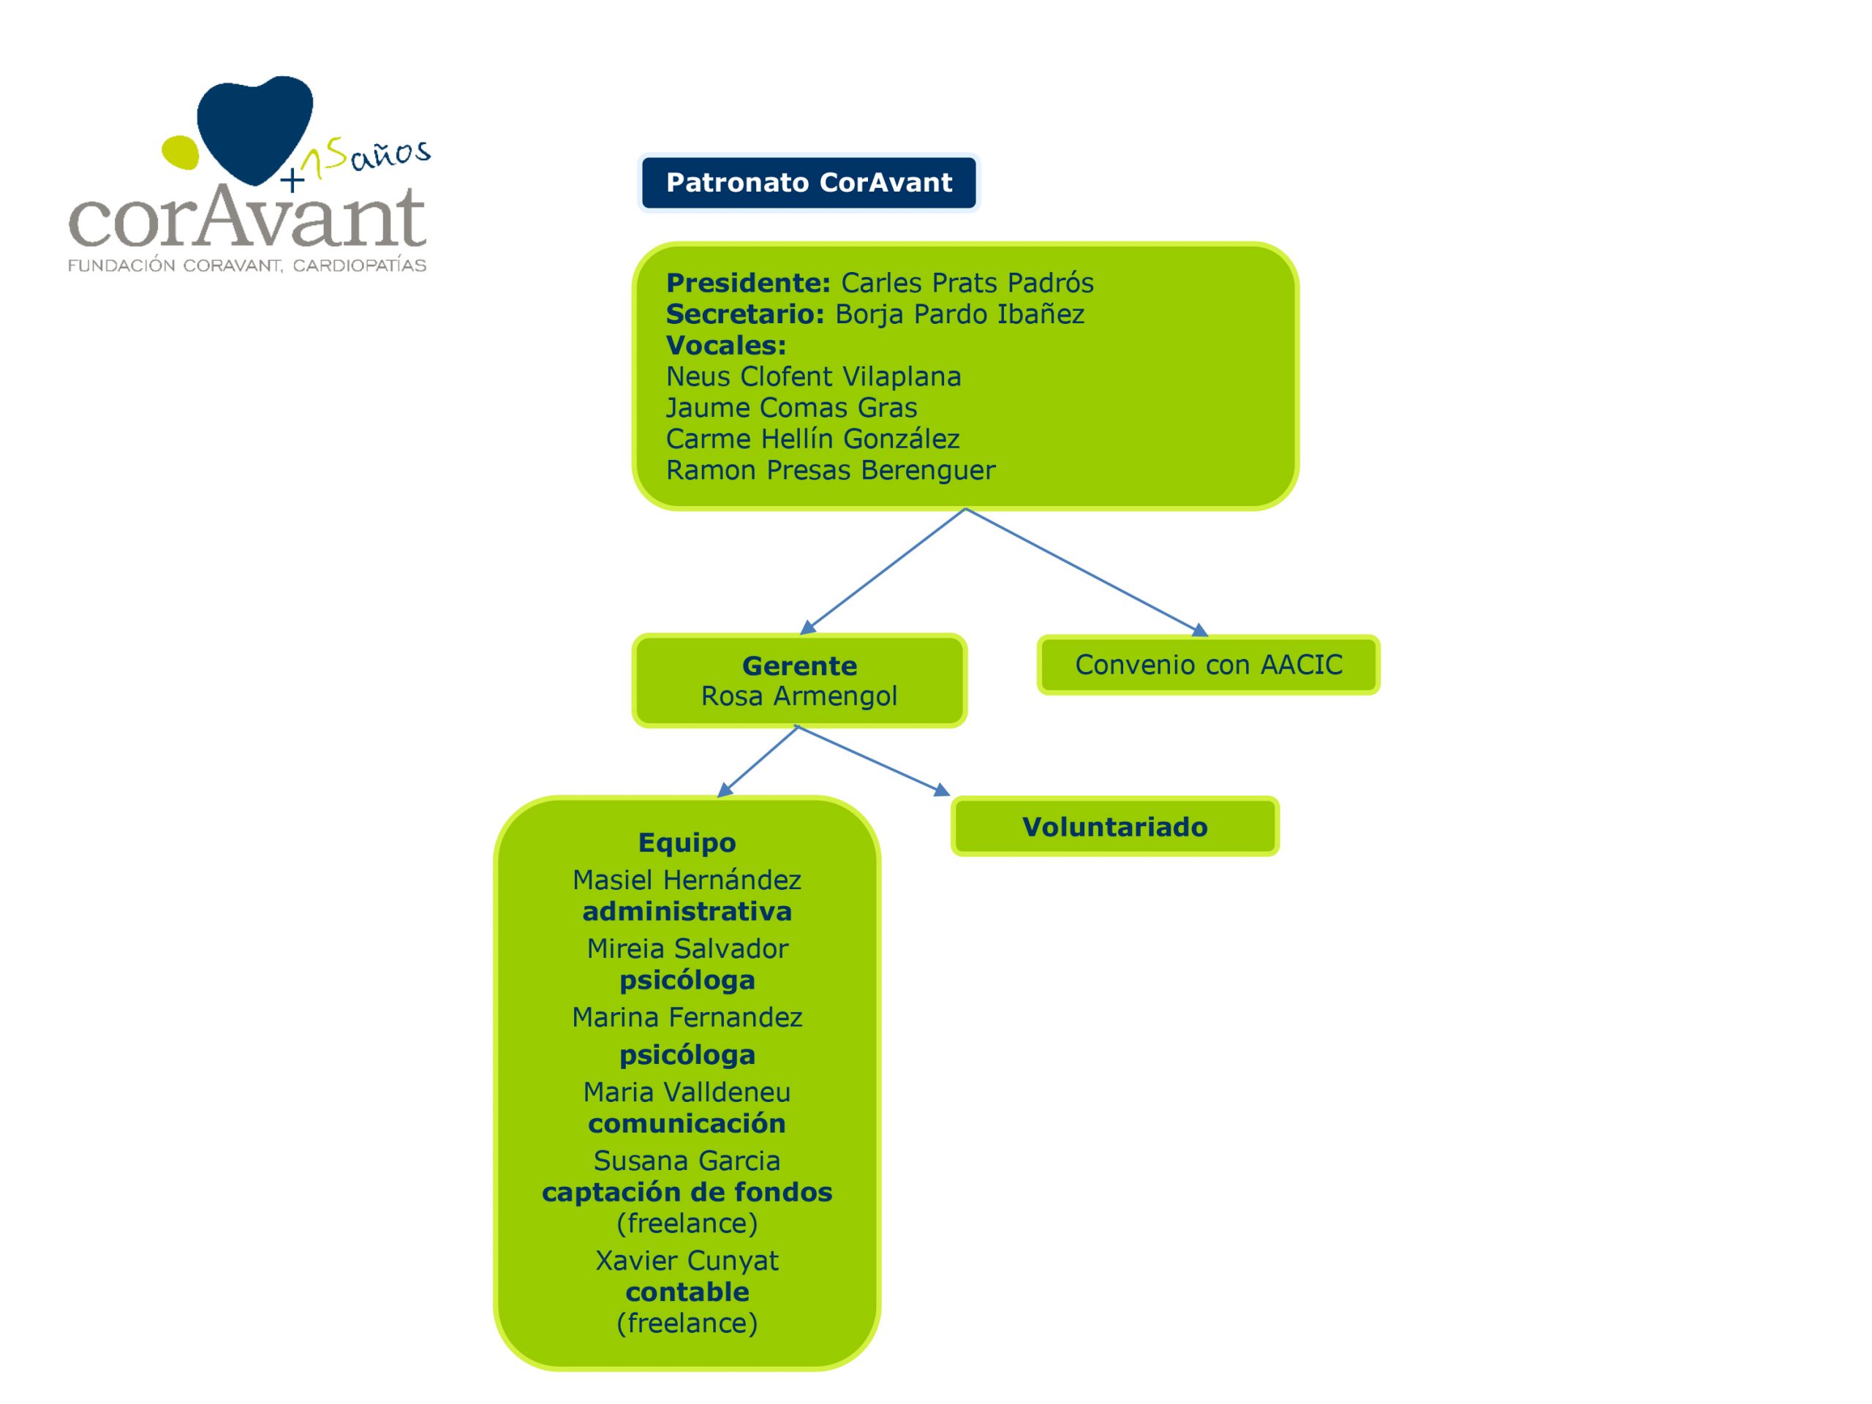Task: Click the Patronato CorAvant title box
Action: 808,183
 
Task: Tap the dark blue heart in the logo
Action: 254,124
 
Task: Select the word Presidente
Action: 748,283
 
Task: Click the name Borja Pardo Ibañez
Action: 959,314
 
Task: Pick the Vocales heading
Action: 725,345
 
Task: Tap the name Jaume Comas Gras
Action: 791,408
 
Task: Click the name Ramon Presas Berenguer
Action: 830,470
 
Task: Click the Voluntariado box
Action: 1114,827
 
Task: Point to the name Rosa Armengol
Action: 799,695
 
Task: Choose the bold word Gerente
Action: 799,666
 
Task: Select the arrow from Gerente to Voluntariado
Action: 872,760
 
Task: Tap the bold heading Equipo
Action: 687,843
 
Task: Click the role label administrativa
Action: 687,911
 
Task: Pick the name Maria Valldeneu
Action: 687,1092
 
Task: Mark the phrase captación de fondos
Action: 687,1193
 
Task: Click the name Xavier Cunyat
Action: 687,1261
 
